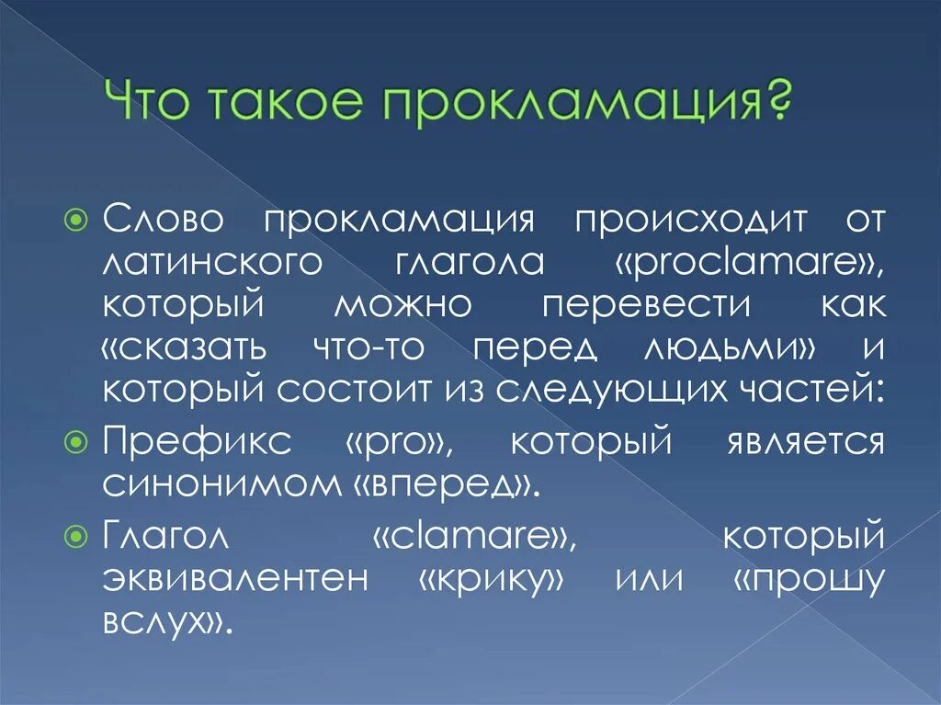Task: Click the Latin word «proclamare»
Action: (749, 264)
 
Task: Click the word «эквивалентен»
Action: (234, 580)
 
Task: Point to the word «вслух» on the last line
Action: (162, 623)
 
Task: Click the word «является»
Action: (804, 443)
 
